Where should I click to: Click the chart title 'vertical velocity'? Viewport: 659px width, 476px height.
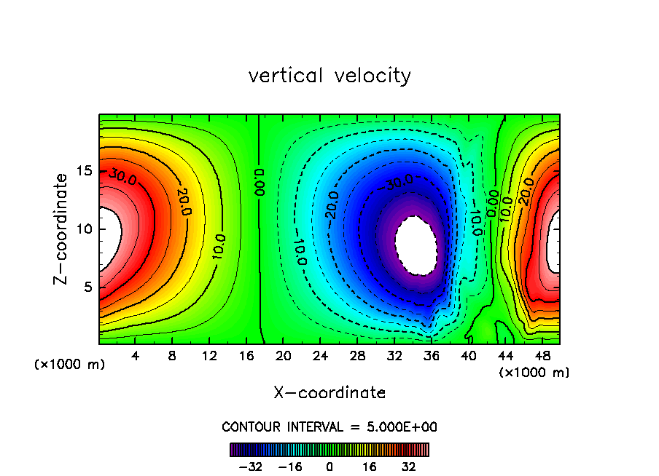click(329, 76)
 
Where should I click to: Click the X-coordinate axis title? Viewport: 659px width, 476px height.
click(329, 393)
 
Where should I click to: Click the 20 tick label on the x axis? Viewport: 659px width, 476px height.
click(284, 356)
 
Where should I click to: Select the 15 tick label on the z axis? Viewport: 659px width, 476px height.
click(83, 171)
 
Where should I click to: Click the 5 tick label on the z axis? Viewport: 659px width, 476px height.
click(87, 287)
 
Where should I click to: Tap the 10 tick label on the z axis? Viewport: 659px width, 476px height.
click(83, 229)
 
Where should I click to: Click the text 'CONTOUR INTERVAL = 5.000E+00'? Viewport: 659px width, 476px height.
click(329, 427)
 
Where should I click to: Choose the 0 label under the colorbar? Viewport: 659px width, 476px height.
click(329, 467)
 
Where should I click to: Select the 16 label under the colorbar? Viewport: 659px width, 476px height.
click(370, 467)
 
